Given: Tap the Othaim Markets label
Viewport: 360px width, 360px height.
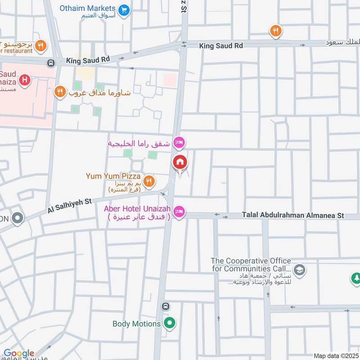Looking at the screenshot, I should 88,9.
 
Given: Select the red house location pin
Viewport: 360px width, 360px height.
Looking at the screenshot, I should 180,162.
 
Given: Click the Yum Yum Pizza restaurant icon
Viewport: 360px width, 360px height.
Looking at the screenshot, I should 149,181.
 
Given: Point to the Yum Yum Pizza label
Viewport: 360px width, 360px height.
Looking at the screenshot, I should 113,176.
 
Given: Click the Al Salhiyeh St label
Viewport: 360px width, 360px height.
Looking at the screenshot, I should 70,207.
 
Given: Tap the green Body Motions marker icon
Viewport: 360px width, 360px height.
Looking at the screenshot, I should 169,323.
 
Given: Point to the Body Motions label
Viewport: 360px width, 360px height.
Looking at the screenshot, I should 136,324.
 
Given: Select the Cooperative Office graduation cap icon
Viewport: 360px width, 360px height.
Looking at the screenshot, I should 299,270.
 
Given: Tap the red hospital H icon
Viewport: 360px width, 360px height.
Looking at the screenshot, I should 25,81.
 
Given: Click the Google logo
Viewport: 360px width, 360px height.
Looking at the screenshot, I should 19,353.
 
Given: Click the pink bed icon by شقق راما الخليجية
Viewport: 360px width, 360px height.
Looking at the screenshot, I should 179,142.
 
